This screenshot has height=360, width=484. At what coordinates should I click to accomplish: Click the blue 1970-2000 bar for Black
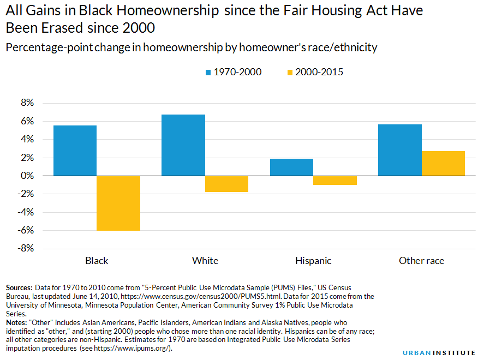tap(75, 151)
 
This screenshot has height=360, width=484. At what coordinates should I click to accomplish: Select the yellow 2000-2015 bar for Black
tap(118, 203)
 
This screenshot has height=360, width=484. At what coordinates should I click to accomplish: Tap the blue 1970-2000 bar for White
tap(183, 145)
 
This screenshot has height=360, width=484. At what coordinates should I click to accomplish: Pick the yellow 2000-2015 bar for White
tap(226, 184)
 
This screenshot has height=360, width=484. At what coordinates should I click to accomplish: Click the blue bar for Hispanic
tap(291, 167)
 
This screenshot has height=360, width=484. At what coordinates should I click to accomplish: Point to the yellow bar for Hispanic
tap(335, 181)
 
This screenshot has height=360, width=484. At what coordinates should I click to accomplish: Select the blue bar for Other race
tap(400, 150)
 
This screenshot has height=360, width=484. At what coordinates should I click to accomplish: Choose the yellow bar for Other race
tap(443, 164)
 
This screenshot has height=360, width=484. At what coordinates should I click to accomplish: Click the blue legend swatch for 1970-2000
tap(208, 72)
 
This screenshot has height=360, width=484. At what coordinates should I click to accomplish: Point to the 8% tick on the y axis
tap(27, 103)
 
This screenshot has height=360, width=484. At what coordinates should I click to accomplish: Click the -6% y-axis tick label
tap(26, 230)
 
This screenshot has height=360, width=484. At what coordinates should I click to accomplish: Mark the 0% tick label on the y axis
tap(27, 176)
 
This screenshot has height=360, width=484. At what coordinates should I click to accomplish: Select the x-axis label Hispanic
tap(313, 261)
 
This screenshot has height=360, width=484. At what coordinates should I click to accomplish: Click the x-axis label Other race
tap(421, 261)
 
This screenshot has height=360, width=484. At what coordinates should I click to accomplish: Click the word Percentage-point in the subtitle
tap(44, 47)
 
